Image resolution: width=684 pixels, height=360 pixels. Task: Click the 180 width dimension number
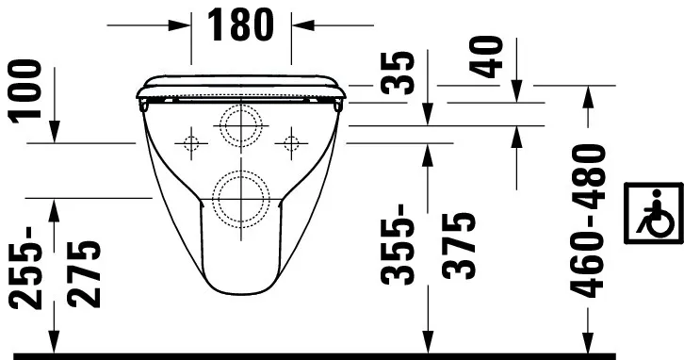click(x=241, y=25)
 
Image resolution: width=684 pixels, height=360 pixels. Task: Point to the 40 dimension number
click(x=487, y=57)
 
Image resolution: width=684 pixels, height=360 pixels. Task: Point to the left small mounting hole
click(x=190, y=143)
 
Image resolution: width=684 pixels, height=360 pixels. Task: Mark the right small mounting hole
click(x=290, y=143)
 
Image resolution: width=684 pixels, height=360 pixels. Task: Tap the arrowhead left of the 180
click(x=183, y=25)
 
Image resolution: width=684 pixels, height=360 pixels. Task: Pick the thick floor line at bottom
click(x=342, y=356)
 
